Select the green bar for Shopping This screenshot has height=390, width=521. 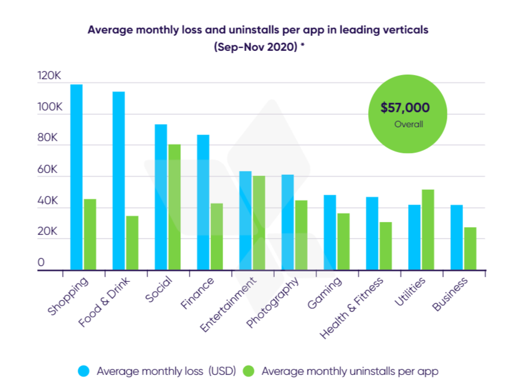click(x=90, y=234)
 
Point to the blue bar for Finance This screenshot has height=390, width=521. click(x=203, y=202)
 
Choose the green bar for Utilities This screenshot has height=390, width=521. click(x=428, y=230)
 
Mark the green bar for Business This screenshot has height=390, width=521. click(x=471, y=248)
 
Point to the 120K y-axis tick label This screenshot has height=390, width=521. click(x=49, y=76)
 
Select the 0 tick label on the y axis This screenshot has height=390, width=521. click(x=41, y=262)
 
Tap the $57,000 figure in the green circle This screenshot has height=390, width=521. click(x=405, y=108)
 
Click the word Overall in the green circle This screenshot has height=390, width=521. click(x=409, y=124)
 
